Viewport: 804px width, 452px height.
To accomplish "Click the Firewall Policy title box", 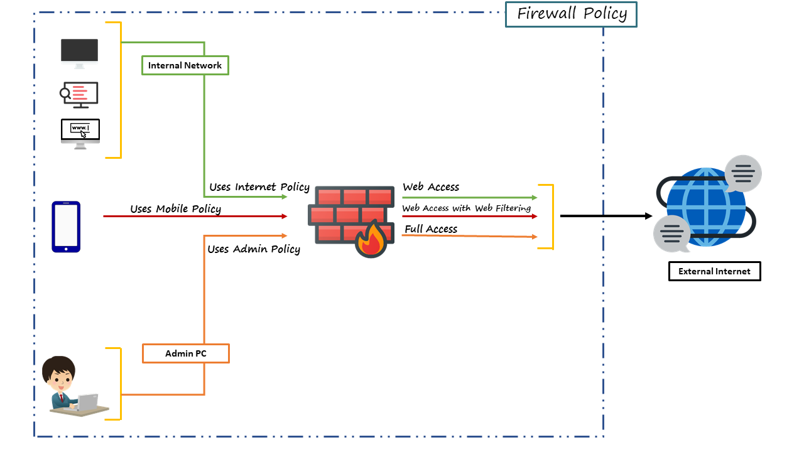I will (x=571, y=14).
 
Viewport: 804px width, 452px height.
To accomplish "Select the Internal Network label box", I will (x=185, y=65).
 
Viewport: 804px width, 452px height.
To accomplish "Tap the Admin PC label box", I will (x=185, y=353).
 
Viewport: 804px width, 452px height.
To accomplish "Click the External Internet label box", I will (x=714, y=271).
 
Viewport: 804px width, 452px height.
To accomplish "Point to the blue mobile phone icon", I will (x=66, y=227).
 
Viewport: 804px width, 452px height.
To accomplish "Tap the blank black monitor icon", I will (x=79, y=53).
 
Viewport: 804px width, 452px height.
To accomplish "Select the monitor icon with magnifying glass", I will (x=79, y=94).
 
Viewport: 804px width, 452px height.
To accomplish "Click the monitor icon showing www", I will (x=80, y=133).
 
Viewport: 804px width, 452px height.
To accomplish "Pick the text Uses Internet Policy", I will (x=259, y=187).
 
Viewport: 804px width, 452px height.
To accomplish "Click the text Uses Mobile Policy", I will (x=175, y=208).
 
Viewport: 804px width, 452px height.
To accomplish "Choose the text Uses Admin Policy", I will (x=254, y=249).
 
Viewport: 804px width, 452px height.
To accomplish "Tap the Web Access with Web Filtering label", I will (x=466, y=208).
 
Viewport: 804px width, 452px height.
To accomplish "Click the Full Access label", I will (x=431, y=229).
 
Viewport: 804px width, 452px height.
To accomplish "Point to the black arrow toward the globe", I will (x=606, y=216).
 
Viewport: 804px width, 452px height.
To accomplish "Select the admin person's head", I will (x=59, y=373).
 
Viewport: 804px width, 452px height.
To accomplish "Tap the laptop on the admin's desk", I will (x=87, y=402).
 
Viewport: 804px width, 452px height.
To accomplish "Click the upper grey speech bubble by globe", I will (x=743, y=173).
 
